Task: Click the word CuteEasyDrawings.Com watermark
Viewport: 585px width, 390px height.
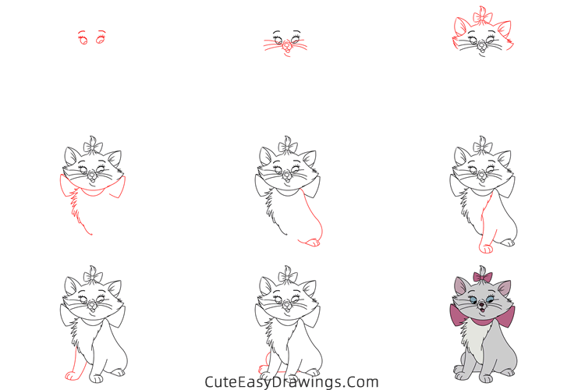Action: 292,382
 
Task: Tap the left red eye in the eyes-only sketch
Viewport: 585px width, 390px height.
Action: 83,37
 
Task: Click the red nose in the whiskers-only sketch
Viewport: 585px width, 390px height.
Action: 286,44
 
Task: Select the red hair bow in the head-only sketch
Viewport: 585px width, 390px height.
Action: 484,16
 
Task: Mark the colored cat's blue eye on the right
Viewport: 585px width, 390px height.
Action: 491,299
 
